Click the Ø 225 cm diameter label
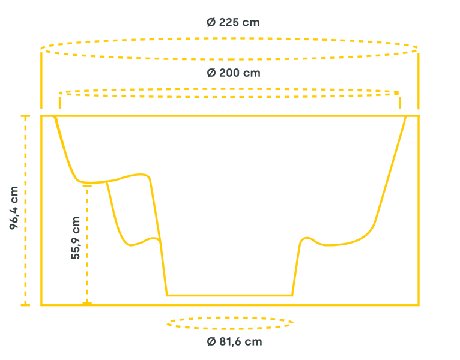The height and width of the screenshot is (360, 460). coord(233,22)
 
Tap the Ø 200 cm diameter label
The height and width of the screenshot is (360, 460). coord(234,73)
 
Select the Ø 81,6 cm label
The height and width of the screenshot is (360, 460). coord(234,341)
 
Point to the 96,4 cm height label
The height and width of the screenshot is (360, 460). coord(14,208)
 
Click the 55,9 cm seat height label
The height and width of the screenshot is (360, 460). coord(76,238)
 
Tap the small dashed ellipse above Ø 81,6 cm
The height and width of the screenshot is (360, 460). coord(230,323)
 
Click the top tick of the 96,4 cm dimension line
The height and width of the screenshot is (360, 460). coord(25,116)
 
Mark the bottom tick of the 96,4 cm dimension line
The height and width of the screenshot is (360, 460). coord(25,305)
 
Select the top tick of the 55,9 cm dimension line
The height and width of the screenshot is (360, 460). coord(87,186)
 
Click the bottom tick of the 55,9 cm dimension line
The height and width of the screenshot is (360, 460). coord(87,304)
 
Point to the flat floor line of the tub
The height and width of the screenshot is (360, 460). coord(229,295)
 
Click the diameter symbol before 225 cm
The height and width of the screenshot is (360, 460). coord(211,22)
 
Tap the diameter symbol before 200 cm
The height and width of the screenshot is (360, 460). coord(211,73)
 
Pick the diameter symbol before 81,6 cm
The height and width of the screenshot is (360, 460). coord(211,341)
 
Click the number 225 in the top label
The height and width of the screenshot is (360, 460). coord(229,22)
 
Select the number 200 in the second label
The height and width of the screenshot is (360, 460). coord(229,73)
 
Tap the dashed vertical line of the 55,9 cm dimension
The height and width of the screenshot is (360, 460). coord(87,245)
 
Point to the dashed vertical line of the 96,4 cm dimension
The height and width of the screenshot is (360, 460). coord(25,211)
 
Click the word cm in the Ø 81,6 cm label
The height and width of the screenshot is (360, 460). coord(253,342)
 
